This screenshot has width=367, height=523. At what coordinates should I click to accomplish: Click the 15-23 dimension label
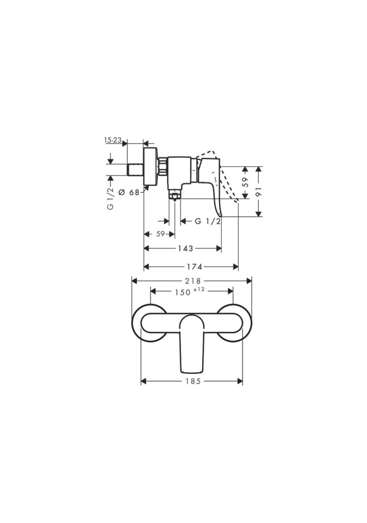point(113,140)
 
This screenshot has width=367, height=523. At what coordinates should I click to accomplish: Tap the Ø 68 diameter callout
point(128,192)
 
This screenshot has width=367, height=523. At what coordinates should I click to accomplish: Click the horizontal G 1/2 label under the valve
point(208,221)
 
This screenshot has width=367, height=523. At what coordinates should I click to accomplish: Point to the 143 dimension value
point(185,248)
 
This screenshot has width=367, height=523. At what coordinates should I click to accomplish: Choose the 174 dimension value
point(195,266)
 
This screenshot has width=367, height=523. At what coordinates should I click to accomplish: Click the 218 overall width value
point(193,281)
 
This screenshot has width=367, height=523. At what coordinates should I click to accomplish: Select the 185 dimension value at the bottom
point(193,381)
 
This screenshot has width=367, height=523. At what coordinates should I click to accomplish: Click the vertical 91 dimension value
point(259,191)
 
